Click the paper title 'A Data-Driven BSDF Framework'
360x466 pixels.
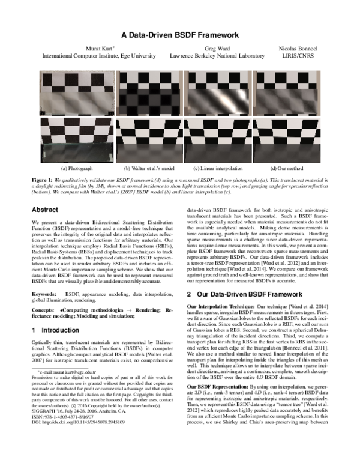coord(180,35)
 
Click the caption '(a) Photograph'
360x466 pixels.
coord(74,169)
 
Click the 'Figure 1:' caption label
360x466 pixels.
coord(44,180)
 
